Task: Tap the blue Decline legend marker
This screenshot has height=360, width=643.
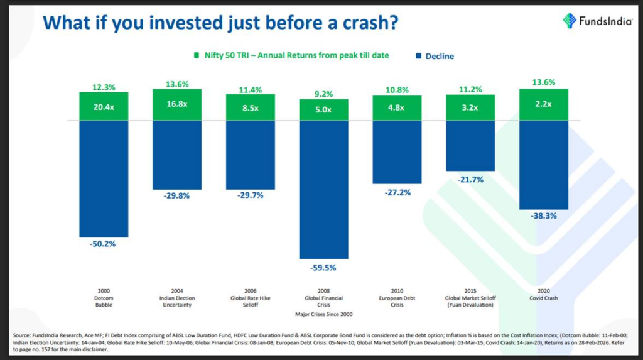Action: click(x=417, y=56)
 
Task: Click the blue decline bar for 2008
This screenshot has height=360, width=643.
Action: click(x=323, y=188)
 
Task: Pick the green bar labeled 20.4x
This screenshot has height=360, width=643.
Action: click(x=104, y=106)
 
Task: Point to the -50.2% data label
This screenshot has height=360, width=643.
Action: click(x=104, y=244)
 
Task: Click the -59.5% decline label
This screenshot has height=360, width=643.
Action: click(x=323, y=267)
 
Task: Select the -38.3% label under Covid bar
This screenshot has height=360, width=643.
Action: click(x=544, y=215)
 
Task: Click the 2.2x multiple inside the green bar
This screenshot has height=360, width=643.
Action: click(x=544, y=107)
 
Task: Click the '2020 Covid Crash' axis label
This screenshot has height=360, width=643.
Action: click(x=544, y=294)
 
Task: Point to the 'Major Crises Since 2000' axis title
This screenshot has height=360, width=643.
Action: click(x=323, y=313)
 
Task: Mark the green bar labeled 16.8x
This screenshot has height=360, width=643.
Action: click(x=177, y=104)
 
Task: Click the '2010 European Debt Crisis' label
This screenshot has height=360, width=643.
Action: click(x=397, y=297)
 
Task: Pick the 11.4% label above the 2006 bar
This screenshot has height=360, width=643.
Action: click(x=250, y=90)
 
